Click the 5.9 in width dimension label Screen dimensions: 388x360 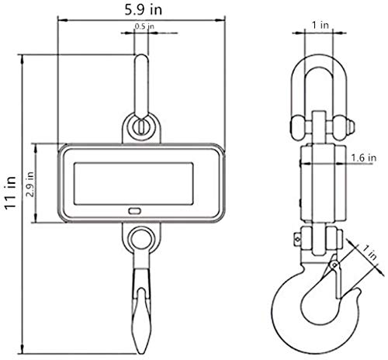click(144, 10)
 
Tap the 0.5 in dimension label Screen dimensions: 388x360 click(144, 26)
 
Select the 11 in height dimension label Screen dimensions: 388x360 click(11, 192)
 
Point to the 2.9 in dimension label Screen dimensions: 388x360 click(30, 184)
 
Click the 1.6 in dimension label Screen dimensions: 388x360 click(363, 157)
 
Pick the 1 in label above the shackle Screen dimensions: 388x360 click(320, 25)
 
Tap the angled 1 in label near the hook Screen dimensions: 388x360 click(369, 252)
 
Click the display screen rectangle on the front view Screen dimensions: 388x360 click(133, 184)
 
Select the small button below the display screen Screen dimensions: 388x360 click(135, 211)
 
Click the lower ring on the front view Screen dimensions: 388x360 click(131, 238)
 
